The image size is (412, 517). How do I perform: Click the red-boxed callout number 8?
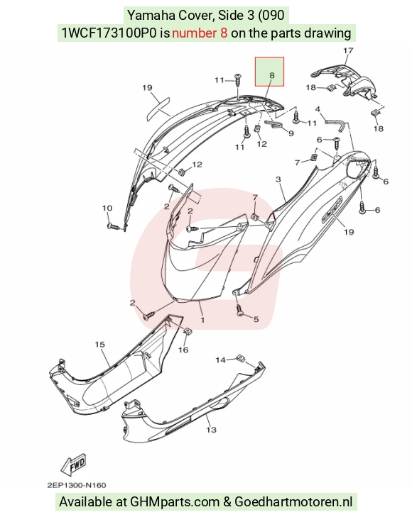pos(271,75)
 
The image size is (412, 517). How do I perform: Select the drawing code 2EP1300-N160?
pos(77,485)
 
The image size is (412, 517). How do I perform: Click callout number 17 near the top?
pos(348,50)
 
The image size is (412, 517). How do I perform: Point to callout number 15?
pos(99,345)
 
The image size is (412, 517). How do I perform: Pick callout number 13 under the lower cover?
pos(211,430)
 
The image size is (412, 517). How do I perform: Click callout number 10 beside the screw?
pos(107,208)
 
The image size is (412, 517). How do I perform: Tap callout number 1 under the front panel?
pos(202,320)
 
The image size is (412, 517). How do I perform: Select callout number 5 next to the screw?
pos(256,319)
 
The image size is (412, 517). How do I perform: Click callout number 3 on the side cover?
pos(278,179)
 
